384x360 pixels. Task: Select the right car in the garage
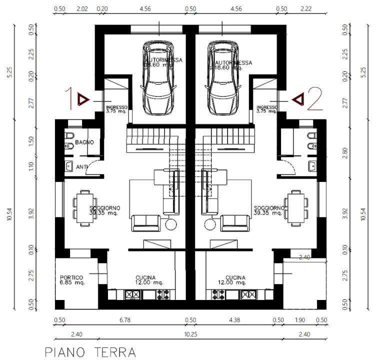222,77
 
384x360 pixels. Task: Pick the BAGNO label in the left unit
85,144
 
